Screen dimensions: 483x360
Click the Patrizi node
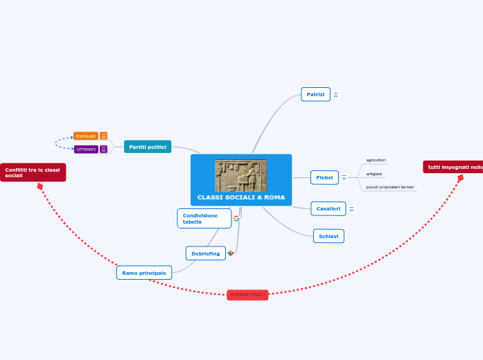[x=315, y=94]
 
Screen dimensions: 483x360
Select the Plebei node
[x=324, y=178]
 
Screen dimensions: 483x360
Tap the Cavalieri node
[x=328, y=208]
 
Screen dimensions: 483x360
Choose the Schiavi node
[x=328, y=236]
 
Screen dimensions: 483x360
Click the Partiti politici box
[x=148, y=147]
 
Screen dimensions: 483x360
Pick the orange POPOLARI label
[x=86, y=136]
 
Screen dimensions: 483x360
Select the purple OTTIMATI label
[x=86, y=150]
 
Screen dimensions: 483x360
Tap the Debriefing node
[x=205, y=253]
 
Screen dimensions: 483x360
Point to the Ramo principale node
[x=144, y=273]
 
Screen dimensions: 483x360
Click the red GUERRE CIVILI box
[x=247, y=295]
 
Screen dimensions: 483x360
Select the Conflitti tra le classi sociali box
[x=33, y=172]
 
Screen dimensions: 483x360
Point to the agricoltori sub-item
[x=376, y=160]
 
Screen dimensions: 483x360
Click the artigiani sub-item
[x=374, y=174]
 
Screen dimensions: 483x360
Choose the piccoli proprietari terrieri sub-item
[x=390, y=187]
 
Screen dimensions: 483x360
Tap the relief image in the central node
[x=240, y=175]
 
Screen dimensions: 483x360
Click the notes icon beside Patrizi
[x=336, y=95]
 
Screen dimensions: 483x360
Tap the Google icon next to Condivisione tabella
[x=236, y=219]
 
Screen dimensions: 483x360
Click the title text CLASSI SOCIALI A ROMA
[x=241, y=198]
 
